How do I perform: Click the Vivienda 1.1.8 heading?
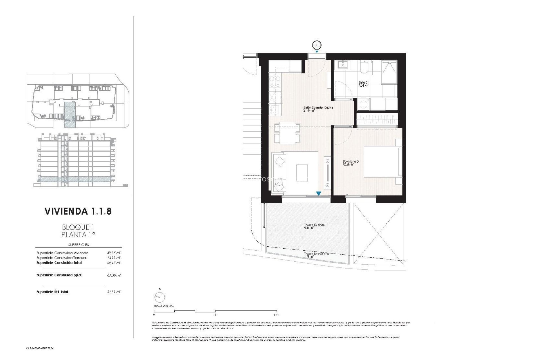click(x=78, y=211)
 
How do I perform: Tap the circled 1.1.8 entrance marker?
click(x=317, y=45)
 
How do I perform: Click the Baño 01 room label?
click(x=363, y=84)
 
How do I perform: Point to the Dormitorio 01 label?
click(x=351, y=163)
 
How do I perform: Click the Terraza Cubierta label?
click(x=314, y=226)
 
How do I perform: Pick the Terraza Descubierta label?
click(x=316, y=255)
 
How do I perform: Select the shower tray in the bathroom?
click(x=389, y=72)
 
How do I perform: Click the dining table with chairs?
click(x=287, y=132)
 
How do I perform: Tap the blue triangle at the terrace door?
click(x=318, y=193)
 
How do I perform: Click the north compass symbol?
click(x=160, y=296)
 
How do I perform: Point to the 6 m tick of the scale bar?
click(x=276, y=314)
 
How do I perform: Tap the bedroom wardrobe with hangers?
click(x=377, y=120)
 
